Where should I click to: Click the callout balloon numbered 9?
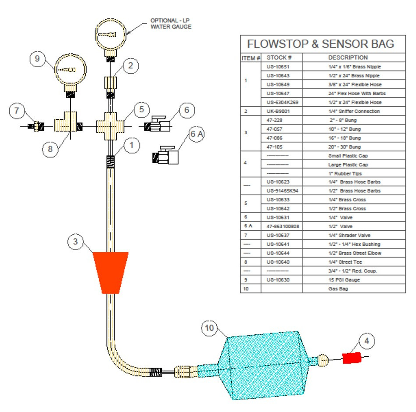(38, 59)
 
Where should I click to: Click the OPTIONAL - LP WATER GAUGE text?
(171, 24)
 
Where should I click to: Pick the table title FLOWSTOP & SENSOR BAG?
(320, 44)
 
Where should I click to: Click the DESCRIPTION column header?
(348, 57)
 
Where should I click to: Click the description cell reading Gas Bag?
(338, 289)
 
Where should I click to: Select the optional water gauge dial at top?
(111, 34)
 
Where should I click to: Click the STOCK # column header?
(279, 57)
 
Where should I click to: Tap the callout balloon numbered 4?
(367, 340)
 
